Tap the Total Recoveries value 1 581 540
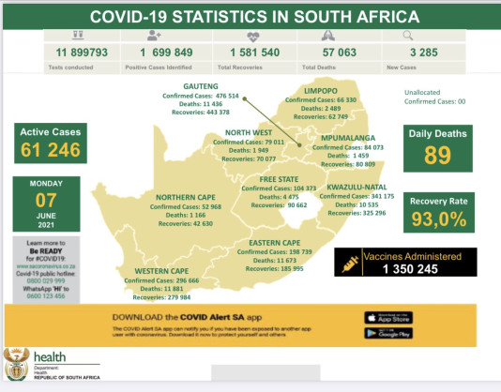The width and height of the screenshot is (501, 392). coord(249,54)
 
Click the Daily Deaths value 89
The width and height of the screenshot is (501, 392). coord(437,155)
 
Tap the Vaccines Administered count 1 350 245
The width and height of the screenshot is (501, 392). coord(404,268)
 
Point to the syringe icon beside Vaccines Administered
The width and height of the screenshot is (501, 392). coord(348,263)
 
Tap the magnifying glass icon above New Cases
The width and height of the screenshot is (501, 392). coord(407,35)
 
